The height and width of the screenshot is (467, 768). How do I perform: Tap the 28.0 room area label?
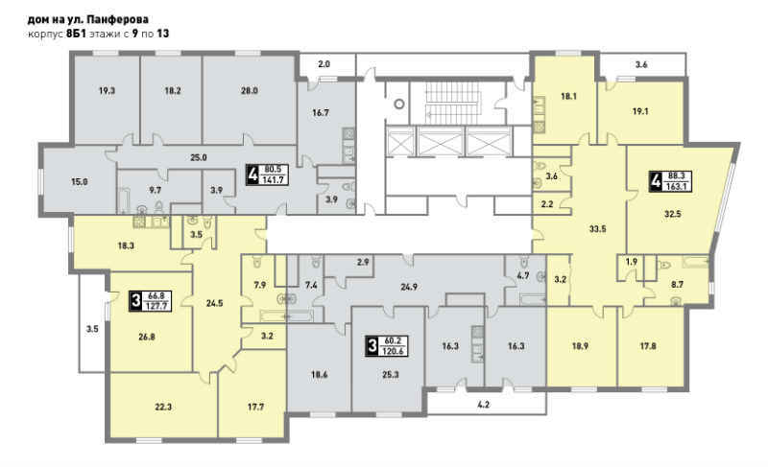[x=250, y=90]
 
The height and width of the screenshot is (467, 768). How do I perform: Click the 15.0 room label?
[x=80, y=182]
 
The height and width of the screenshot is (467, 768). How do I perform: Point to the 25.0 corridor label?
[x=199, y=157]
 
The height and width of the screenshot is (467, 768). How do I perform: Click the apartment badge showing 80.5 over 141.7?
[x=268, y=175]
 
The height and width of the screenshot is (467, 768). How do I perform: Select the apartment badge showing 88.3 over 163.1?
[x=670, y=181]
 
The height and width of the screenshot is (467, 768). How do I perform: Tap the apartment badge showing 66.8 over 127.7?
[x=150, y=301]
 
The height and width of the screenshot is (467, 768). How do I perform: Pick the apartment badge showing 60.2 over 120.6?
[x=387, y=346]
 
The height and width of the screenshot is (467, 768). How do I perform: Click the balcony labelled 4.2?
[x=483, y=405]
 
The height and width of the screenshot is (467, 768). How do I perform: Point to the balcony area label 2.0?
[x=324, y=64]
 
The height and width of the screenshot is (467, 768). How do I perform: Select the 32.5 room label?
[x=673, y=214]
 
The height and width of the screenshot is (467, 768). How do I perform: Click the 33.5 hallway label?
[x=597, y=228]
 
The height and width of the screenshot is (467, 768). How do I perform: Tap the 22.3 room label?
[x=163, y=407]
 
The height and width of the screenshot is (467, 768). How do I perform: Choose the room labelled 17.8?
[x=648, y=346]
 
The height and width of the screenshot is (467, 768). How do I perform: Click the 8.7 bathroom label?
[x=677, y=284]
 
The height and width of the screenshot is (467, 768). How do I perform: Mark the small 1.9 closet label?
[x=632, y=262]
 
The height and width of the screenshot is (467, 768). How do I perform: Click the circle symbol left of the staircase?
[x=400, y=104]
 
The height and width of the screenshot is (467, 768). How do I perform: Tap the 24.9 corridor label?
[x=409, y=287]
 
